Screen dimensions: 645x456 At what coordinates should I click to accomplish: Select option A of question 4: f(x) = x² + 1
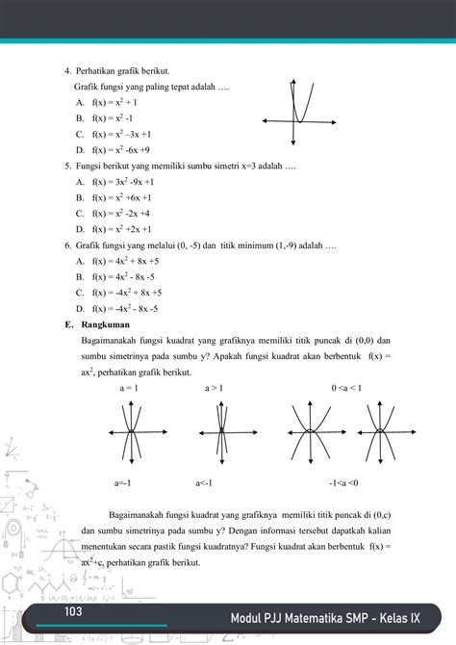click(110, 102)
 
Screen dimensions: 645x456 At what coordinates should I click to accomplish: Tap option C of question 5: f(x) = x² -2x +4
click(115, 213)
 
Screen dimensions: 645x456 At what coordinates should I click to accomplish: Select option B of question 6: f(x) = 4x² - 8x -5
click(117, 276)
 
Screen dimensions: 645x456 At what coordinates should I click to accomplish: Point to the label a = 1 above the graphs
click(129, 388)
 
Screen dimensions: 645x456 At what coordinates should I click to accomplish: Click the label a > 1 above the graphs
click(214, 388)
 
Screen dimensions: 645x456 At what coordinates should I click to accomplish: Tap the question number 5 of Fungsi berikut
click(65, 166)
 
